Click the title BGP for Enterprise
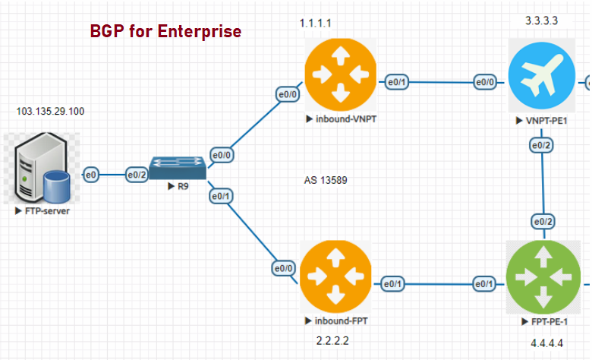tap(165, 31)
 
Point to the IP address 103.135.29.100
tap(51, 112)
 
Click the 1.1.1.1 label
tap(316, 24)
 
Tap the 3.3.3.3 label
tap(542, 21)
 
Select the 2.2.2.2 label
tap(333, 339)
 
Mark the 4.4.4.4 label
tap(547, 343)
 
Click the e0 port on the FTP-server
tap(91, 175)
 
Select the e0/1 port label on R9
tap(221, 196)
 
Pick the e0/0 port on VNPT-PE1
tap(486, 82)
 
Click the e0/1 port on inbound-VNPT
tap(398, 82)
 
